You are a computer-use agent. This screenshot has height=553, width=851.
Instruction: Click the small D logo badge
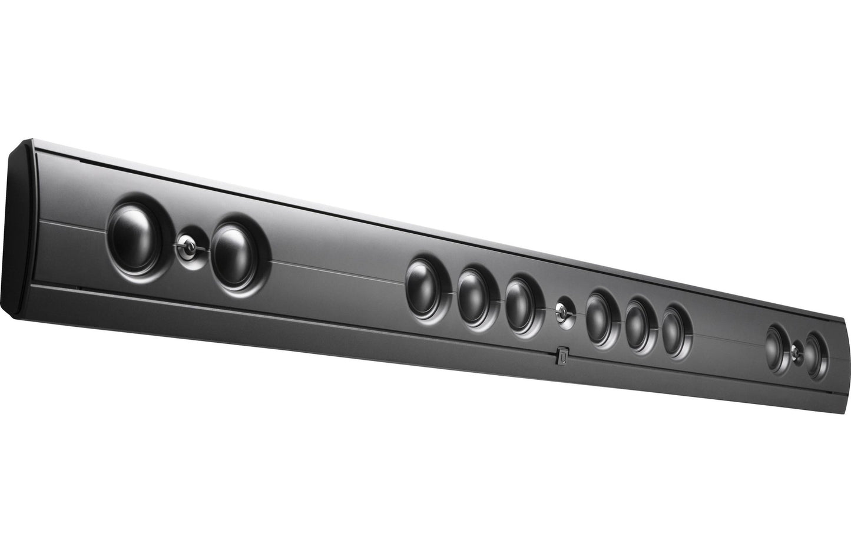(562, 356)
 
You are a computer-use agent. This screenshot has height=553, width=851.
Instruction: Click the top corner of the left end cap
(27, 142)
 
